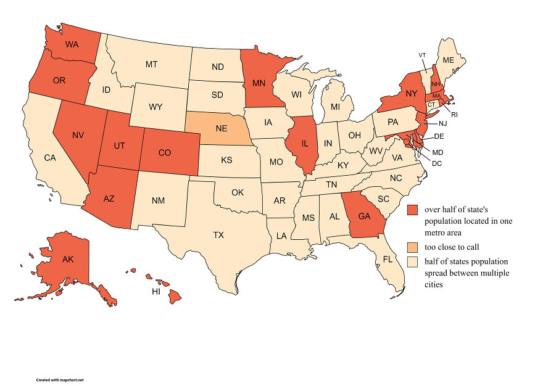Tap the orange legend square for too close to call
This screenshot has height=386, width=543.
(x=412, y=247)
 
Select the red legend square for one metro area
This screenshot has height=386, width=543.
(x=412, y=210)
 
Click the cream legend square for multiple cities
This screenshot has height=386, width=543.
(x=412, y=261)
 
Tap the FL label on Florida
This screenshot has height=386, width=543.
(x=388, y=260)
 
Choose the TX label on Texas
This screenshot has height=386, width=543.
(x=218, y=235)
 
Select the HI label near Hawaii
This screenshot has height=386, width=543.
(x=157, y=292)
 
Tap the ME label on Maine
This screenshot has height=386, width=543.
(x=448, y=60)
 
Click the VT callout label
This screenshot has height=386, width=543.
(x=422, y=55)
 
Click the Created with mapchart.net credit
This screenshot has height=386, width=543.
(x=59, y=380)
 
